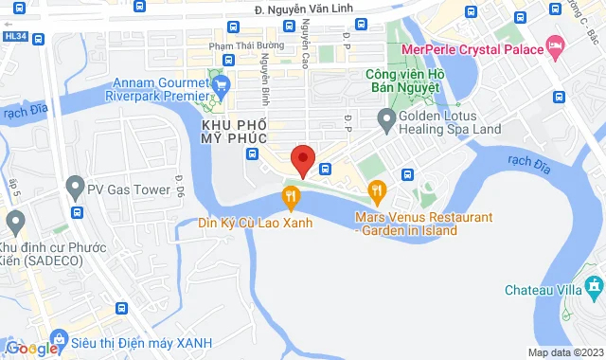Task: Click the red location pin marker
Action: click(303, 159)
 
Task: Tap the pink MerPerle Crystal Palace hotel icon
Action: click(556, 46)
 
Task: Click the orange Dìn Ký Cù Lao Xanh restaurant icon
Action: click(291, 198)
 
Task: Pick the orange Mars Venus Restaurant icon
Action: click(377, 192)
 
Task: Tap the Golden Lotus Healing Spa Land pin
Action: click(385, 120)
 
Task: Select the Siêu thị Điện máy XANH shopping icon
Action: click(60, 339)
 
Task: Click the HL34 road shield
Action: click(14, 36)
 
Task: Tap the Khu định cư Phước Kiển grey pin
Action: click(14, 223)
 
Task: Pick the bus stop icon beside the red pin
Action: click(325, 170)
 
